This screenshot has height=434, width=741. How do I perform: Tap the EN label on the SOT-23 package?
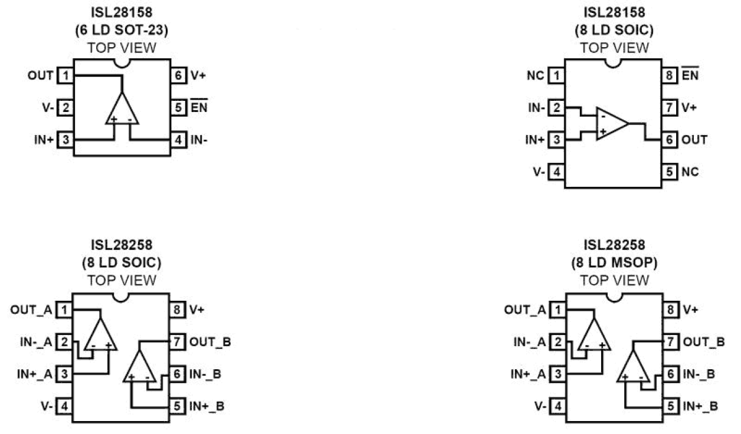pos(199,108)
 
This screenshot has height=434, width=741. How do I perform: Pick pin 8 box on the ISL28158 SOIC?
pos(670,75)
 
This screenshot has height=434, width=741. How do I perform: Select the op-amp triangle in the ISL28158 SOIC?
pos(611,123)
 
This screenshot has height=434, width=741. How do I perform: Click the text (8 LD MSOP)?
pos(615,262)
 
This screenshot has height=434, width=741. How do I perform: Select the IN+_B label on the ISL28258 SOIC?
pos(206,406)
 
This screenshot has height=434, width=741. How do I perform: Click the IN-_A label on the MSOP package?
pos(528,342)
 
